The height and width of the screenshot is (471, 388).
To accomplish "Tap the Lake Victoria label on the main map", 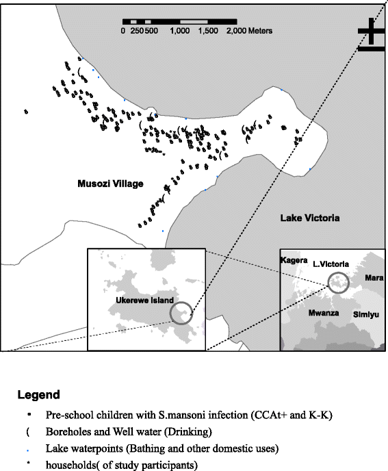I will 310,218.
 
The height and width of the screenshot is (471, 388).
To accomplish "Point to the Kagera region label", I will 294,261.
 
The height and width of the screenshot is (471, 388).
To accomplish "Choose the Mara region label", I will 373,279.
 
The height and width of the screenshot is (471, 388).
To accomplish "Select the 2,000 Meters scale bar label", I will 248,31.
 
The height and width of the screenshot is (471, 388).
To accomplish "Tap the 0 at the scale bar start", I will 123,31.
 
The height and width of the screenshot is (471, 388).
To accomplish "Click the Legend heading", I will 39,395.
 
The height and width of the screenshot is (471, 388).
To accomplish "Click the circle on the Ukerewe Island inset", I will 182,314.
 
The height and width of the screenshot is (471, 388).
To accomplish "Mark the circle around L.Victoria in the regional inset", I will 337,281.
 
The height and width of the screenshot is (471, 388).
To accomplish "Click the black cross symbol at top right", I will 371,34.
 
